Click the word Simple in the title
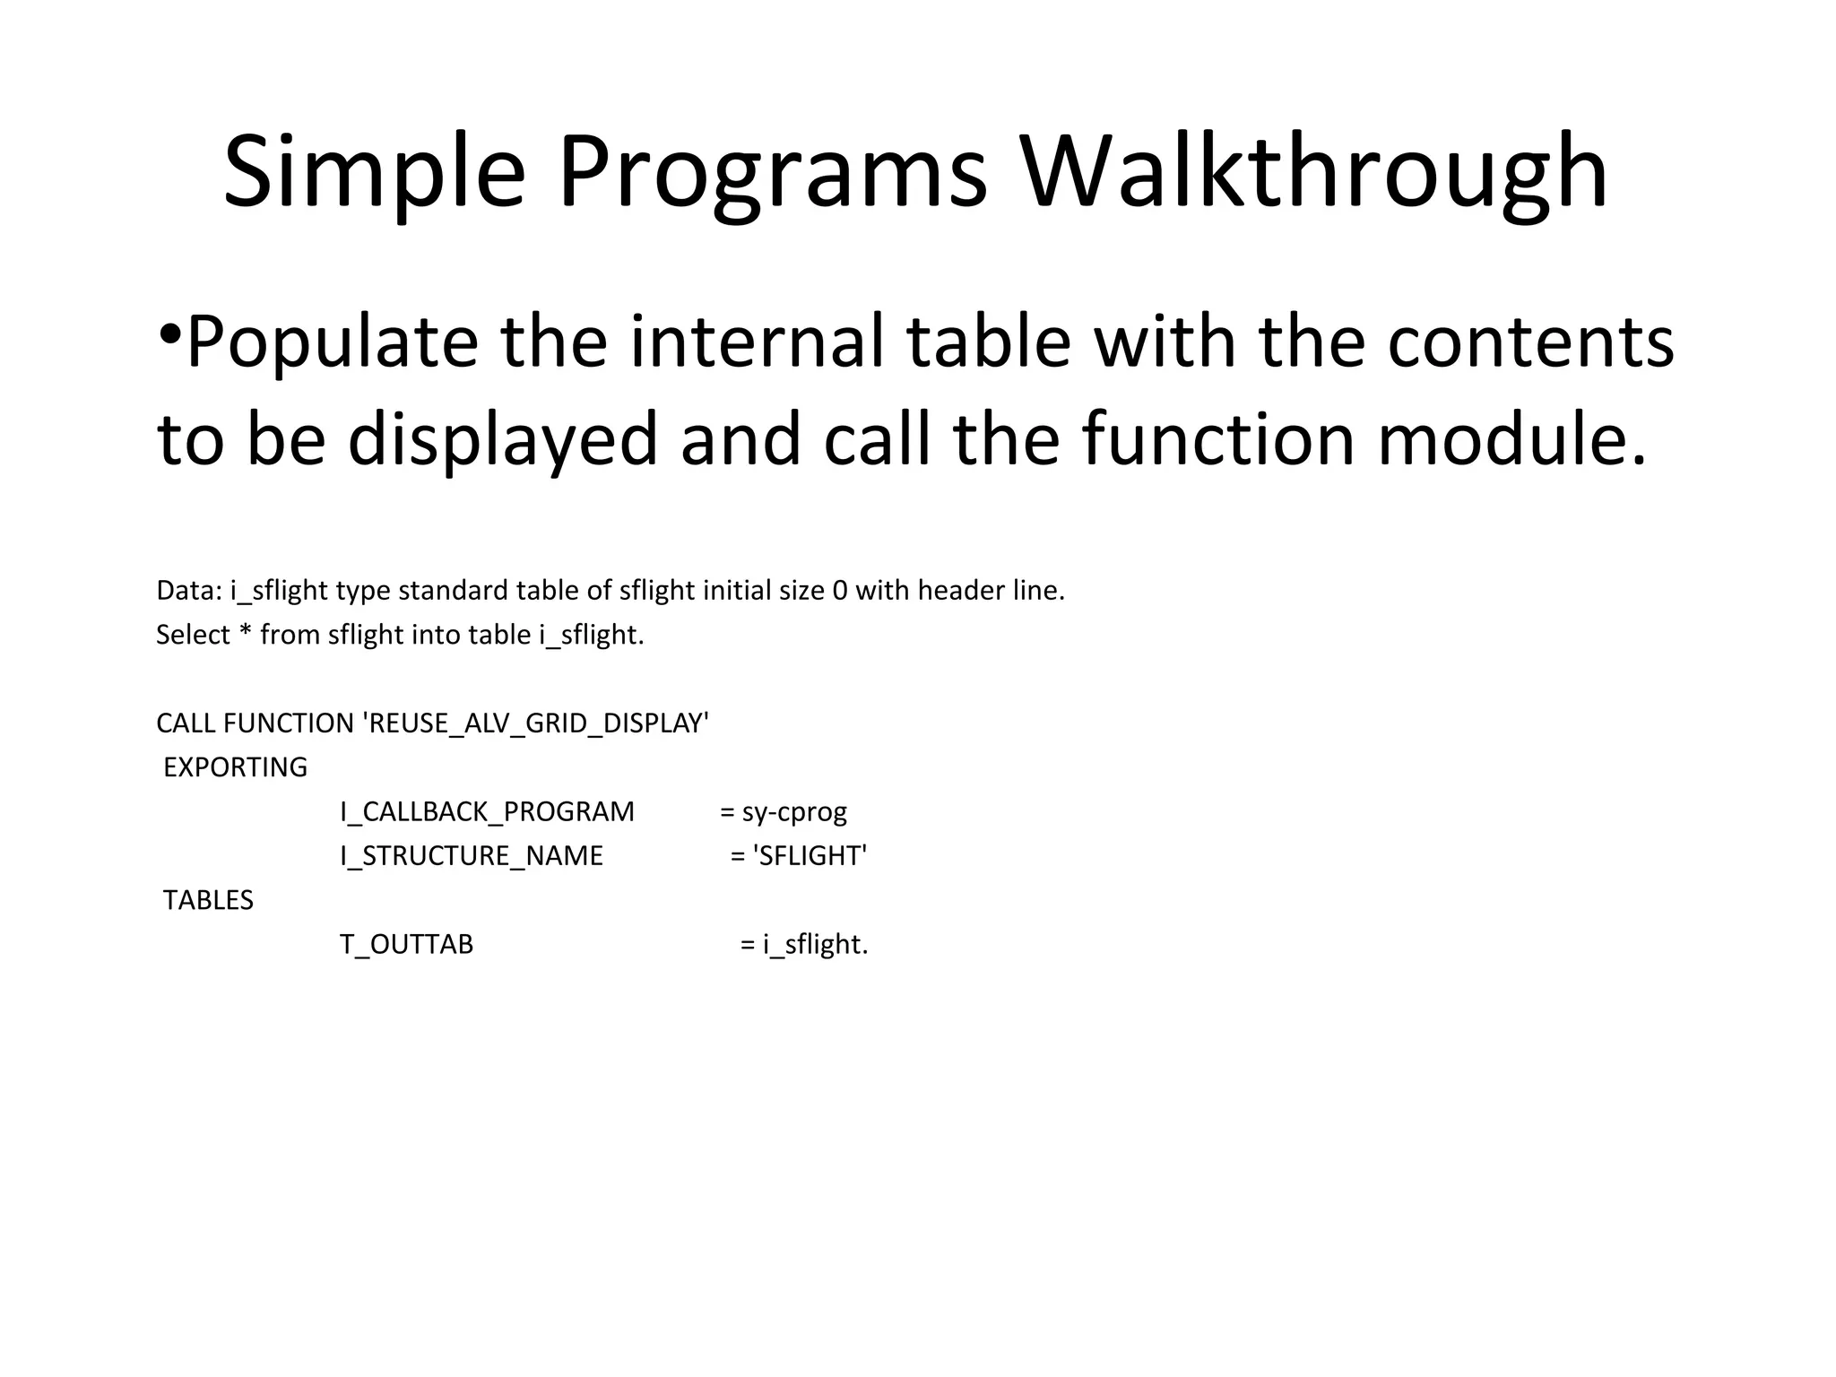click(x=374, y=172)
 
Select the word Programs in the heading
click(x=772, y=172)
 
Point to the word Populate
click(x=332, y=343)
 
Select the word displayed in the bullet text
click(x=503, y=439)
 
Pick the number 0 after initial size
click(x=840, y=591)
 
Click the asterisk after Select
click(x=246, y=633)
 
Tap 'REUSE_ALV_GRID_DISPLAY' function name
click(x=536, y=723)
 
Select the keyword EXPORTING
click(x=235, y=767)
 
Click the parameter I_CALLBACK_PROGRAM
click(x=487, y=812)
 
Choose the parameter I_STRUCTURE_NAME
click(x=472, y=856)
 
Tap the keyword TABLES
click(x=208, y=900)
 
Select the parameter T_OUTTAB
click(x=406, y=945)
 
